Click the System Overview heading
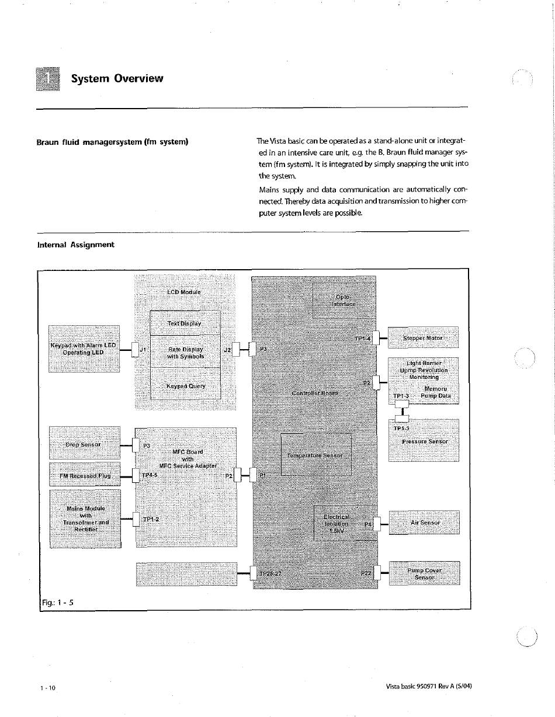tap(117, 78)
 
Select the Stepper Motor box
tap(424, 337)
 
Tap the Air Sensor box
tap(424, 523)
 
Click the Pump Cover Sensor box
tap(424, 574)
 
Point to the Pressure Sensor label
tap(425, 441)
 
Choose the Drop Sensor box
tap(84, 444)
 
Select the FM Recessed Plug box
tap(85, 475)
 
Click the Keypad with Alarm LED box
tap(84, 349)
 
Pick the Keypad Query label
tap(186, 386)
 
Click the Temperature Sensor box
tap(315, 455)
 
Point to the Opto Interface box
tap(344, 300)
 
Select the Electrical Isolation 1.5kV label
tap(337, 524)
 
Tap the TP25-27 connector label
tap(270, 573)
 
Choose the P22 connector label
tap(366, 573)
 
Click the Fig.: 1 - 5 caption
tap(57, 603)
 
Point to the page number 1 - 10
tap(48, 688)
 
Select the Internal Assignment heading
tap(75, 245)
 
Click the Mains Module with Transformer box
tap(86, 518)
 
